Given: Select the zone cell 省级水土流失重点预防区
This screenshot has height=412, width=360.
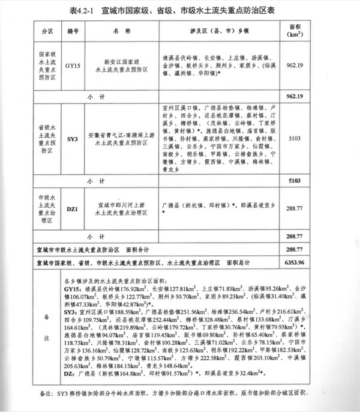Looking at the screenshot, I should tap(47, 139).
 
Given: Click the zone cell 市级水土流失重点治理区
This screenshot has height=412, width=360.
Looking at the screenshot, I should tap(47, 209).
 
